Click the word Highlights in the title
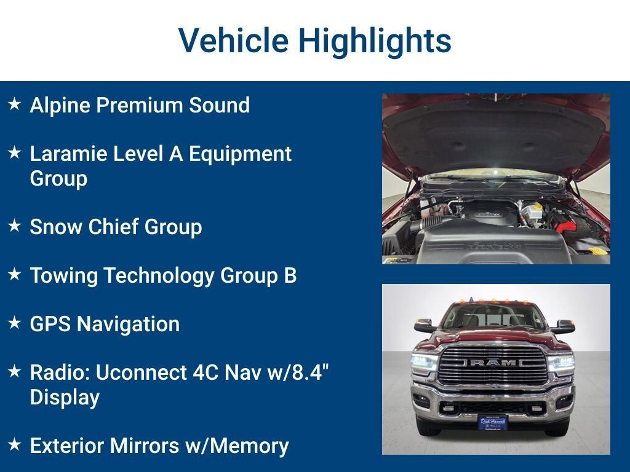(375, 41)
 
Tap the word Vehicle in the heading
(233, 40)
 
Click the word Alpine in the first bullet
(60, 106)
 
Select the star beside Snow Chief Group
(15, 226)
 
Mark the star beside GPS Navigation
(15, 323)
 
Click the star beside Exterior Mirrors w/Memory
(15, 444)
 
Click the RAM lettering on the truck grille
(493, 363)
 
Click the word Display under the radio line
(65, 398)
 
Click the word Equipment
(241, 154)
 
